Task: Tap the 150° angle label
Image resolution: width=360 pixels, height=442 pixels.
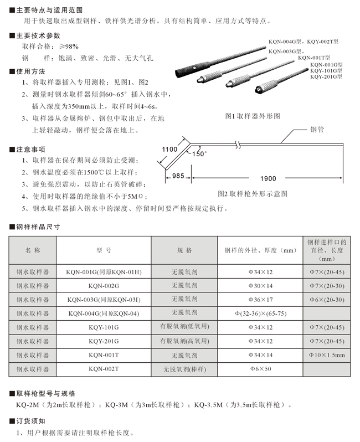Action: click(x=199, y=153)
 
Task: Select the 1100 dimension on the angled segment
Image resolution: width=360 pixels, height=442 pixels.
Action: click(x=169, y=149)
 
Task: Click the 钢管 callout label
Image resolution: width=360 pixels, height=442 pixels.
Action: click(x=317, y=130)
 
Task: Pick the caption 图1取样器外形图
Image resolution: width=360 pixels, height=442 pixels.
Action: click(x=253, y=116)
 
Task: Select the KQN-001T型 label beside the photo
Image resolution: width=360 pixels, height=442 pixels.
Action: click(x=313, y=58)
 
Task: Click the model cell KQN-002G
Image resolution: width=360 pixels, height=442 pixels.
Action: click(x=104, y=286)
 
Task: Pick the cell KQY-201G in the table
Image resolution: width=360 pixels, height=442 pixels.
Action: click(x=104, y=341)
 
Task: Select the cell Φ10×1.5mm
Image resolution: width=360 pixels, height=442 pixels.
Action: click(x=327, y=355)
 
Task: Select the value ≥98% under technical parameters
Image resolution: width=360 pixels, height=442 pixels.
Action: click(x=65, y=47)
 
